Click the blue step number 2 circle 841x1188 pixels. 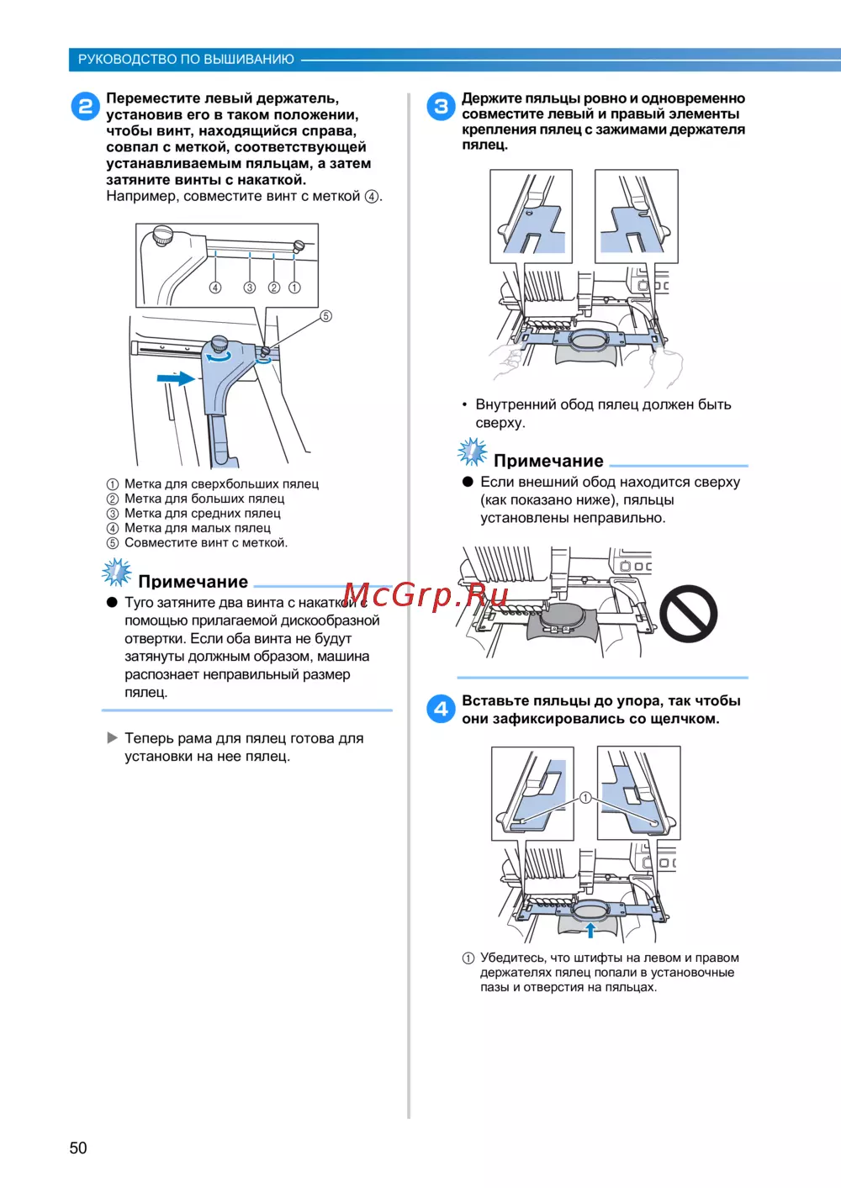[x=86, y=106]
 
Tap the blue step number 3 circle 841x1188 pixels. [x=441, y=106]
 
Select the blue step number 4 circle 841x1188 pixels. [x=441, y=709]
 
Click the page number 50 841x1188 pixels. [x=78, y=1148]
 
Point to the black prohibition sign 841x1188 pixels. [x=688, y=614]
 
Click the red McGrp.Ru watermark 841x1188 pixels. [x=426, y=595]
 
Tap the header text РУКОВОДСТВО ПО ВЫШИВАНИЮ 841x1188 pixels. [x=186, y=60]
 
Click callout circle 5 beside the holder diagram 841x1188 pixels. [x=325, y=316]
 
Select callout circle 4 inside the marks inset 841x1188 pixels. [x=215, y=288]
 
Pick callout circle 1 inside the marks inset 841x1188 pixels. [x=294, y=288]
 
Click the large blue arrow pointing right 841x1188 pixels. [x=176, y=378]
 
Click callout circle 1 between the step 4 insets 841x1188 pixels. [x=585, y=798]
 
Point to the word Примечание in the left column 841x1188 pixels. [x=193, y=581]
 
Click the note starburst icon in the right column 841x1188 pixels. [x=472, y=451]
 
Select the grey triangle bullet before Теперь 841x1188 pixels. [x=112, y=737]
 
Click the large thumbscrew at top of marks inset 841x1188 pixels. [x=163, y=235]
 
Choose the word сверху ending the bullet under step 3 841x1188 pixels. [x=500, y=423]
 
